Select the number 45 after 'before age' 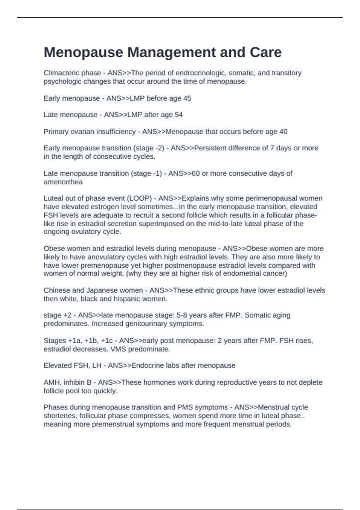[187, 98]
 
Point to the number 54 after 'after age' [178, 115]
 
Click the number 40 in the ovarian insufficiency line [283, 131]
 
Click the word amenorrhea [63, 182]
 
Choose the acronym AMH [51, 382]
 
